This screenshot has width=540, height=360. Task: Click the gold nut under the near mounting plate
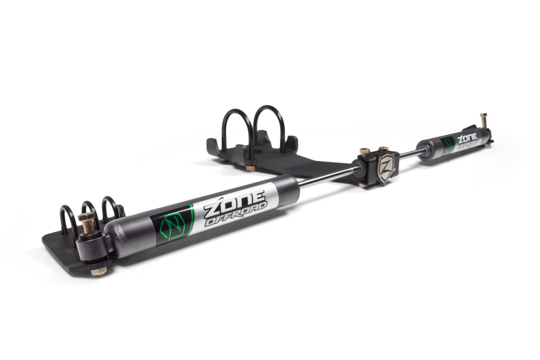(x=99, y=271)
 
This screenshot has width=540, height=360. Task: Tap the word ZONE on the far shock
(x=467, y=138)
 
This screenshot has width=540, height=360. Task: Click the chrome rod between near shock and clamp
(x=329, y=176)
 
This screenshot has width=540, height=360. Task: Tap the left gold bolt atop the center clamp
(x=365, y=152)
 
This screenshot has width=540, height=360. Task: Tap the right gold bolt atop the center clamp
(x=383, y=149)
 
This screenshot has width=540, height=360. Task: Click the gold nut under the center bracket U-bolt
(x=250, y=168)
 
